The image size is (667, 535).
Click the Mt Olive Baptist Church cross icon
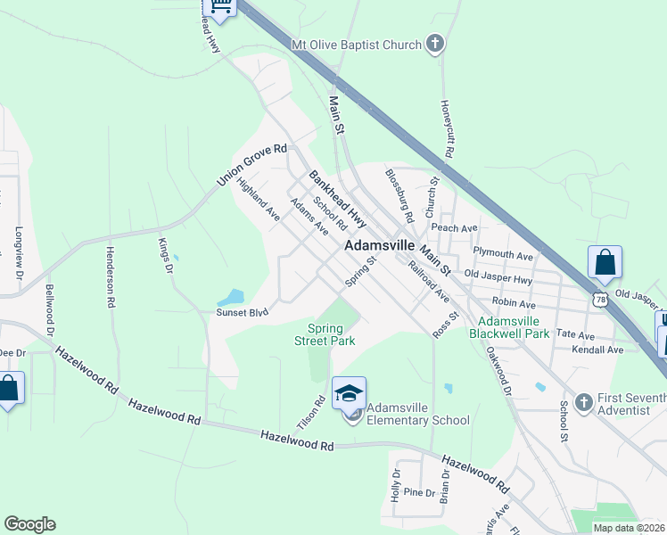pyautogui.click(x=434, y=44)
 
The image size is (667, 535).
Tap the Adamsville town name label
pyautogui.click(x=380, y=244)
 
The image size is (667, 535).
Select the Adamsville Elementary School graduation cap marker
pyautogui.click(x=349, y=392)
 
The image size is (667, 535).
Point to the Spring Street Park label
pyautogui.click(x=325, y=334)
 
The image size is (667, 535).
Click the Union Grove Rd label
pyautogui.click(x=253, y=166)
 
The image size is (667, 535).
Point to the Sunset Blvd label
pyautogui.click(x=242, y=313)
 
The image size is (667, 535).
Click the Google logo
pyautogui.click(x=30, y=524)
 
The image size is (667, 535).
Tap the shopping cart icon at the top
pyautogui.click(x=220, y=7)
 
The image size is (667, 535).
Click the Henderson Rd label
pyautogui.click(x=111, y=276)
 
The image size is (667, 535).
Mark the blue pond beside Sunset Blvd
pyautogui.click(x=231, y=297)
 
